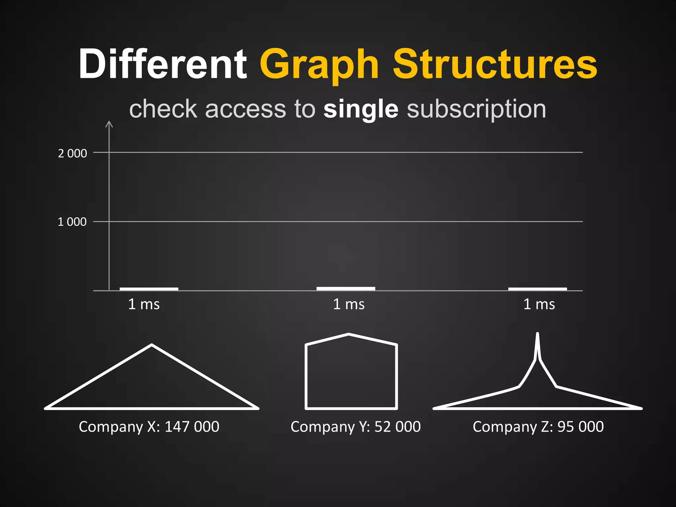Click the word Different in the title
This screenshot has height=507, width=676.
tap(162, 64)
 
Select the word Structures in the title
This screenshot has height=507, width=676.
tap(495, 64)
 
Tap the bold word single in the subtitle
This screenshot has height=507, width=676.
tap(361, 110)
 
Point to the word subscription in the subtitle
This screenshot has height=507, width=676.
tap(476, 110)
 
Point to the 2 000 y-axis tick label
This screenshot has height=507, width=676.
tap(72, 153)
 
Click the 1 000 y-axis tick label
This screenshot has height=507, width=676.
tap(72, 222)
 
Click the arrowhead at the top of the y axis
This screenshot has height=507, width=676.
tap(109, 124)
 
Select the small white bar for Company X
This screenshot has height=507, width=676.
tap(149, 289)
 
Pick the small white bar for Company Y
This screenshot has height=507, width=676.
tap(346, 288)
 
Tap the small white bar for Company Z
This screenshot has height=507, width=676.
tap(537, 289)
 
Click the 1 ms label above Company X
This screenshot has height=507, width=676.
tap(144, 304)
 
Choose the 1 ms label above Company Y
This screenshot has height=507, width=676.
tap(349, 304)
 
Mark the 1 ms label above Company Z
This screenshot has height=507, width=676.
tap(539, 304)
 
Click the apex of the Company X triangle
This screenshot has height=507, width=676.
tap(152, 345)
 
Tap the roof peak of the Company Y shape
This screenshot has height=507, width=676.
tap(349, 335)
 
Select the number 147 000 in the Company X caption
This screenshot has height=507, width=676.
tap(192, 427)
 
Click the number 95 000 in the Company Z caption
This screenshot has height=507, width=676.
tap(581, 427)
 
